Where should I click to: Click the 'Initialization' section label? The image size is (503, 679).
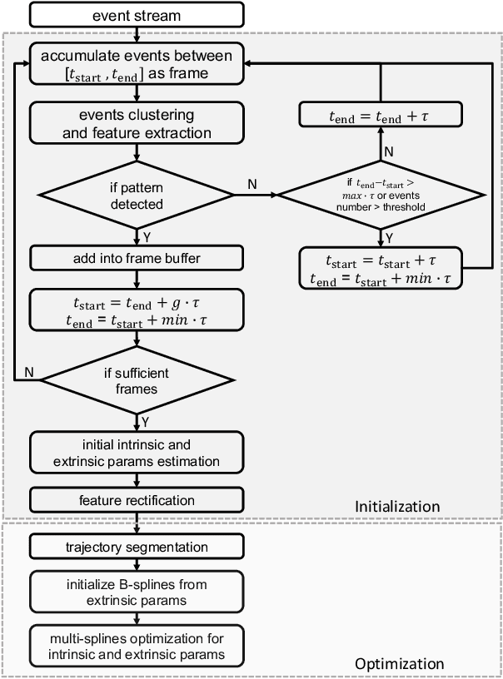click(396, 506)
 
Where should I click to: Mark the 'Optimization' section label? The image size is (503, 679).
click(399, 663)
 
